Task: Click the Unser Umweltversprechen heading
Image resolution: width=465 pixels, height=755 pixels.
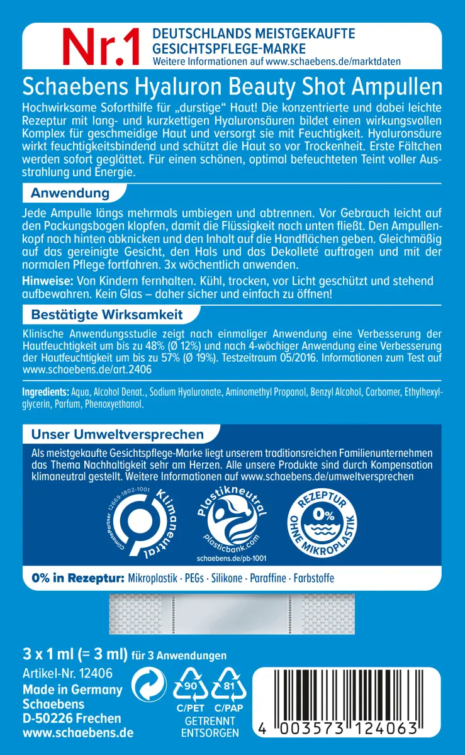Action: coord(117,435)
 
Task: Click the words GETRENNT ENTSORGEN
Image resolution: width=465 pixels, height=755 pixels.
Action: coord(210,727)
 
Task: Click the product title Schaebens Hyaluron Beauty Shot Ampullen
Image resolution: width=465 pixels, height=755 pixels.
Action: coord(232,86)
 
